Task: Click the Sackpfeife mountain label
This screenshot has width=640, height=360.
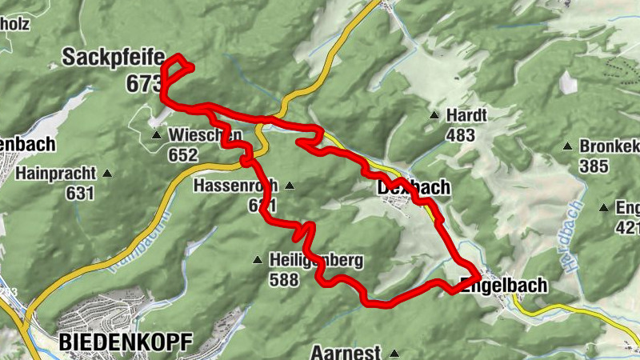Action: [x=113, y=58]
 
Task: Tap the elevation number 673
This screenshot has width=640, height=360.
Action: [x=143, y=82]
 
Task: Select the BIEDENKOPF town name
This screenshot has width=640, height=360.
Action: [x=126, y=343]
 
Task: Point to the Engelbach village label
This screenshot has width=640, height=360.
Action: [x=504, y=285]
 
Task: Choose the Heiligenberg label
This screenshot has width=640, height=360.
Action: [x=316, y=261]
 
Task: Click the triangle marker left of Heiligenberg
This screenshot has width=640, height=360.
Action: [x=258, y=259]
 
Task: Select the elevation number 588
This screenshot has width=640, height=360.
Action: [x=284, y=280]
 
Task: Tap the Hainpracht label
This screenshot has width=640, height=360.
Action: [x=60, y=173]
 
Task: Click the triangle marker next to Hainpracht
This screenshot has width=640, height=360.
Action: [x=107, y=173]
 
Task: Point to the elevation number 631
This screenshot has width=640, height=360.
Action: [x=80, y=193]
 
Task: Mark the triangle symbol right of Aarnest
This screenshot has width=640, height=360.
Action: [x=394, y=353]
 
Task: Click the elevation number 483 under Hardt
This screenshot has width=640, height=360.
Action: [x=460, y=135]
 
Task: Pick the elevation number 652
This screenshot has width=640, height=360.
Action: [x=183, y=155]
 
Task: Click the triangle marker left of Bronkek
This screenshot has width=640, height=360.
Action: [x=567, y=147]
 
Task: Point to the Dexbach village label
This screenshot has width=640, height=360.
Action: [x=413, y=188]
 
